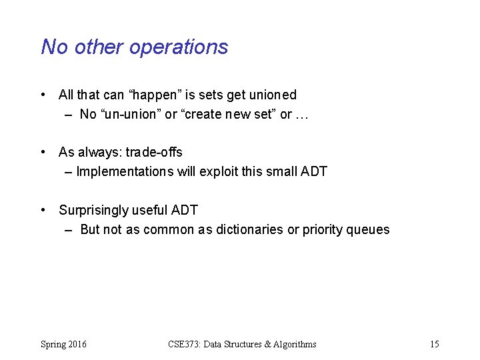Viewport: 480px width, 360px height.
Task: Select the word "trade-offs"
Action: [154, 153]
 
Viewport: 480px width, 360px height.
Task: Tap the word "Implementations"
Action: [125, 172]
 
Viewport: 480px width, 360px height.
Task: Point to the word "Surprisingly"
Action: [93, 211]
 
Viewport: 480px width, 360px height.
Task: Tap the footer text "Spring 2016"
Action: [63, 345]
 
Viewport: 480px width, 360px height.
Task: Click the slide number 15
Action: [435, 345]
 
